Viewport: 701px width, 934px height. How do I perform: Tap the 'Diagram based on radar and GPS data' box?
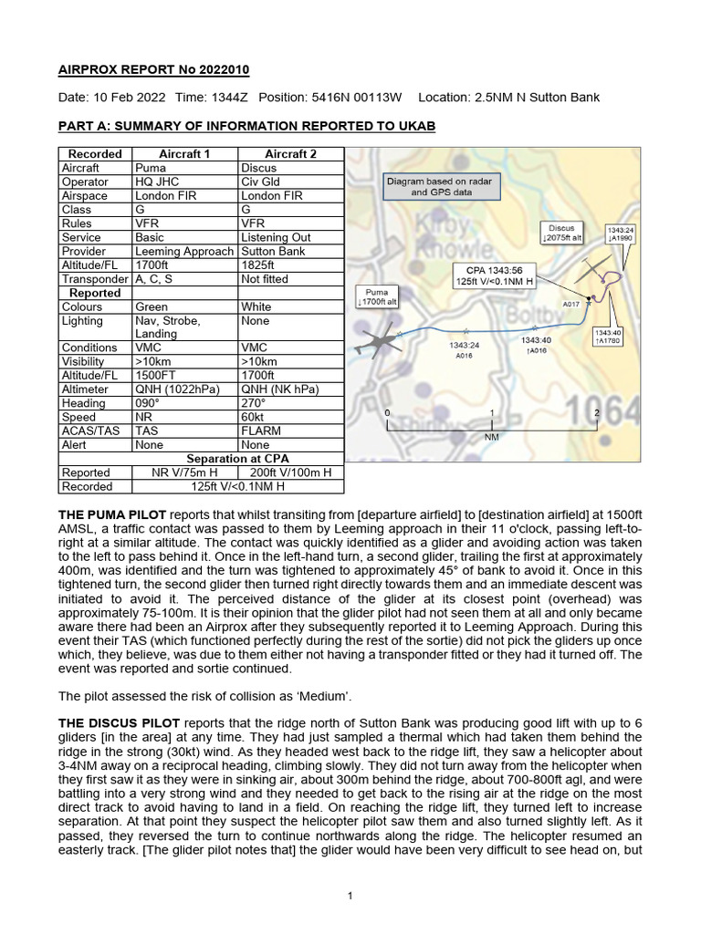pos(438,187)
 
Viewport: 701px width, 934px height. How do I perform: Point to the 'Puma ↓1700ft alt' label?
pos(374,296)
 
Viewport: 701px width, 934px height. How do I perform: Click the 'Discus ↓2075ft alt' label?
pos(562,233)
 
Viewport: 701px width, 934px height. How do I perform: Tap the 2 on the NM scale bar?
pos(596,413)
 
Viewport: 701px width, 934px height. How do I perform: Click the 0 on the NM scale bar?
pos(388,413)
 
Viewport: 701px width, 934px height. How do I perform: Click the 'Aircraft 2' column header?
pos(290,154)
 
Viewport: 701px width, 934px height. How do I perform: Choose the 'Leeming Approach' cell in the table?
pos(185,251)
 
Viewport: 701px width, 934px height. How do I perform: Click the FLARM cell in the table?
pos(259,431)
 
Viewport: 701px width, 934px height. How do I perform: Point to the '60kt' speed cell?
pos(253,417)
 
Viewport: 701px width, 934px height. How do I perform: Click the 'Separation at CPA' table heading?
pos(238,458)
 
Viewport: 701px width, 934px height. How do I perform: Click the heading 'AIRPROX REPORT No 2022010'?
pos(153,70)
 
